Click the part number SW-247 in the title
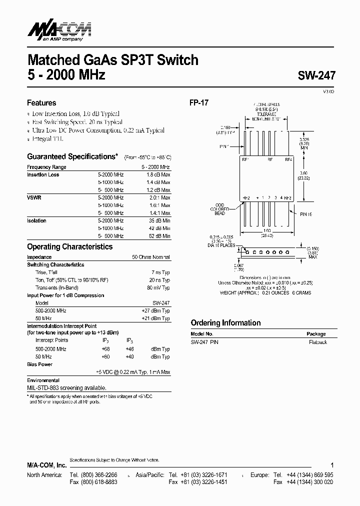click(316, 76)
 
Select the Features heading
click(41, 103)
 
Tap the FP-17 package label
click(198, 102)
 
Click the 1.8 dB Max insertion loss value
click(158, 175)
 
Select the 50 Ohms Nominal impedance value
click(151, 257)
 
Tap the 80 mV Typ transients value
click(158, 287)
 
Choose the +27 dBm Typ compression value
click(156, 310)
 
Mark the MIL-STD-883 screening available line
click(66, 387)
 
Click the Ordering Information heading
click(225, 322)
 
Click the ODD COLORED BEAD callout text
click(219, 209)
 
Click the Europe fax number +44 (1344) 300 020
click(309, 482)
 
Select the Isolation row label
click(36, 220)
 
